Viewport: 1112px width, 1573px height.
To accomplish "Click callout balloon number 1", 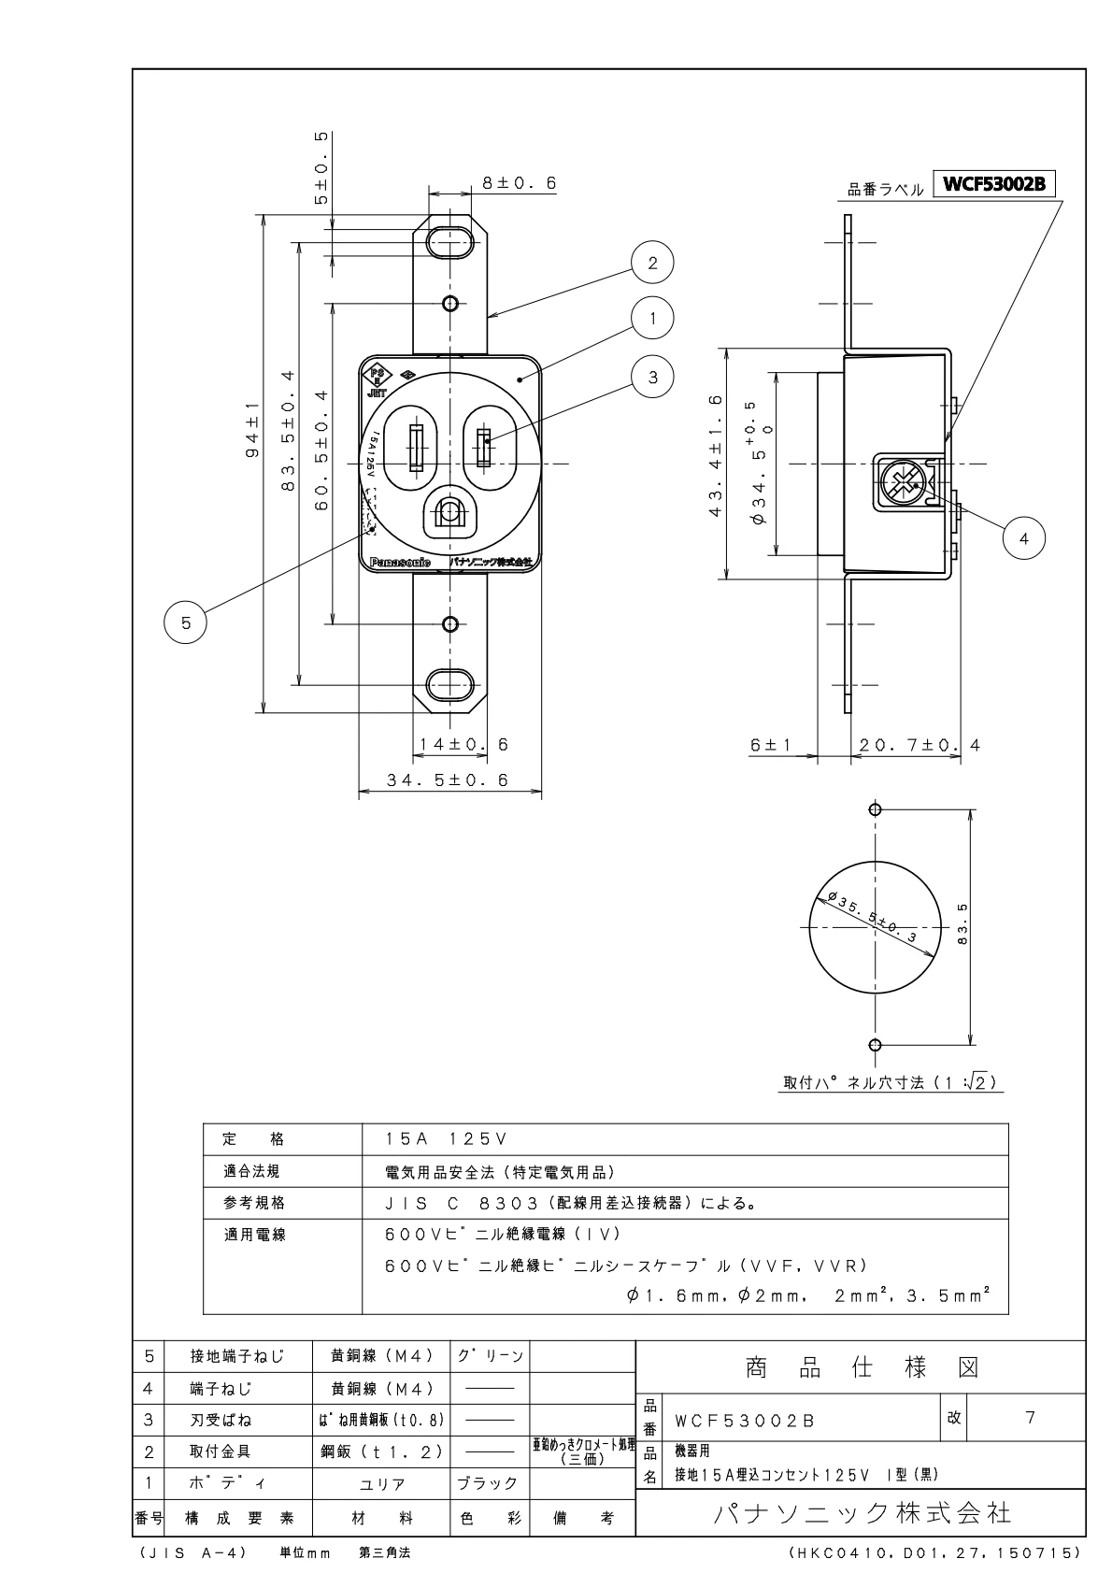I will [653, 318].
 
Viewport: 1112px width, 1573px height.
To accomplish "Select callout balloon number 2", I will [652, 263].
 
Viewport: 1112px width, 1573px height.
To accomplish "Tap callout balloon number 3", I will [653, 377].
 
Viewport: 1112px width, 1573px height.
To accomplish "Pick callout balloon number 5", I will [186, 622].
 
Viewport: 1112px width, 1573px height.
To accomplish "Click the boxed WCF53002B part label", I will [998, 184].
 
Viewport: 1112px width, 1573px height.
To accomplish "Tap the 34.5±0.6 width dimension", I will [449, 780].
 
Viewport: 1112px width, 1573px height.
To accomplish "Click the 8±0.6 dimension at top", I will [519, 184].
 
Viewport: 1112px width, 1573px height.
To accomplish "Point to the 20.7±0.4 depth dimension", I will [920, 745].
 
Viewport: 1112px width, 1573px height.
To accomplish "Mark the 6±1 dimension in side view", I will [770, 745].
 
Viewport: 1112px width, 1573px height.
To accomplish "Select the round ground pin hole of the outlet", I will [450, 513].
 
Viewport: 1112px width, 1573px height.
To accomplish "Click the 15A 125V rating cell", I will [446, 1139].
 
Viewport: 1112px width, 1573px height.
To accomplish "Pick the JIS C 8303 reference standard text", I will [570, 1203].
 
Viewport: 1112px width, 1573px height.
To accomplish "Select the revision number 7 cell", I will [1030, 1417].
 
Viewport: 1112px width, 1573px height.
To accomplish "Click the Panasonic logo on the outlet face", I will [400, 563].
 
